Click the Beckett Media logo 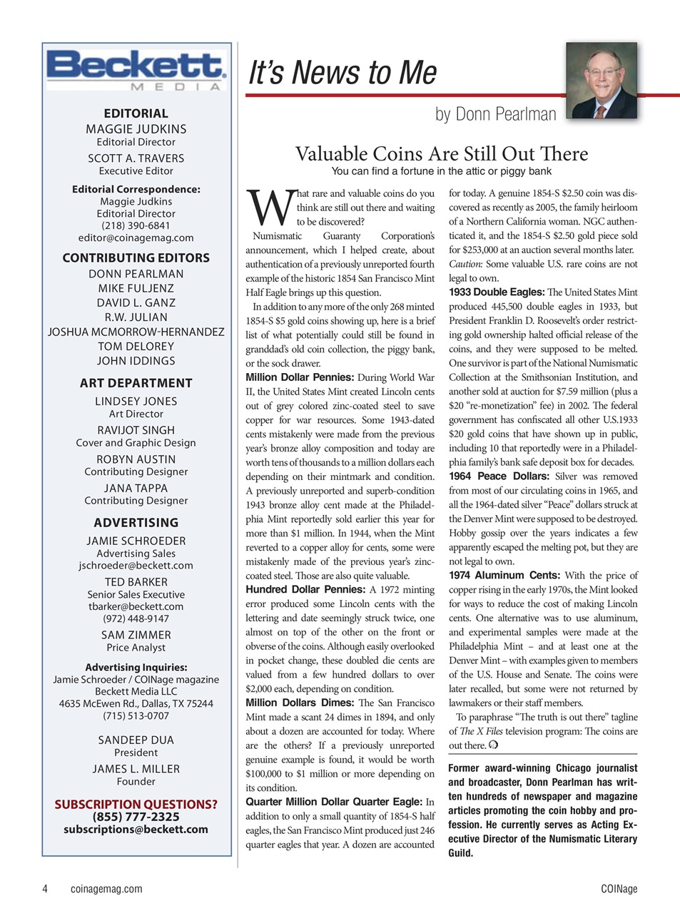(x=136, y=69)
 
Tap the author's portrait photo (x=601, y=81)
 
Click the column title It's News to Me (x=342, y=73)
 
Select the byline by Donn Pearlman (x=495, y=114)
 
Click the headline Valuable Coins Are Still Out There (x=441, y=153)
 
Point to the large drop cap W (x=269, y=206)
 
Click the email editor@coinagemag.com (x=136, y=238)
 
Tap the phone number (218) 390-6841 (x=136, y=225)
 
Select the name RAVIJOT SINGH (x=136, y=430)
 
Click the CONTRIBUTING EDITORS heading (x=136, y=257)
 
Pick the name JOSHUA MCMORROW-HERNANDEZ (x=136, y=332)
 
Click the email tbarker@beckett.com (x=136, y=606)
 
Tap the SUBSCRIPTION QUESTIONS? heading (x=136, y=804)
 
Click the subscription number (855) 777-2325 (x=136, y=817)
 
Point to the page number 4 (x=45, y=889)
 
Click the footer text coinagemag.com (x=106, y=889)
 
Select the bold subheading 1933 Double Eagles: (x=496, y=292)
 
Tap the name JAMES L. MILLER (x=136, y=769)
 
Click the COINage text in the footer (x=619, y=889)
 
